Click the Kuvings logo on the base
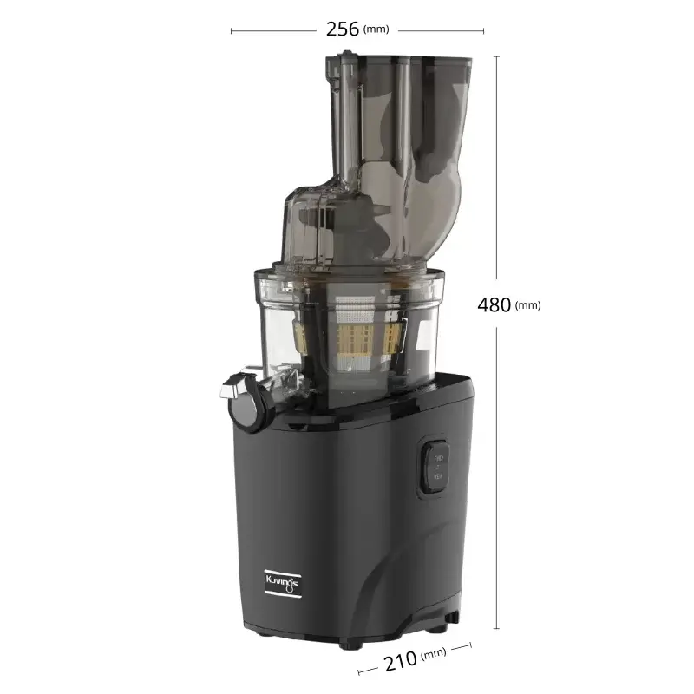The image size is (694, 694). click(280, 578)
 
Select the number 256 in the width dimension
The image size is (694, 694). click(342, 29)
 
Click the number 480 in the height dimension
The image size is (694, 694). click(494, 305)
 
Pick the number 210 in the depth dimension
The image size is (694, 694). click(400, 664)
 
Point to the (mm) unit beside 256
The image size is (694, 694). click(376, 30)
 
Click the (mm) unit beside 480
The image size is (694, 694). click(527, 306)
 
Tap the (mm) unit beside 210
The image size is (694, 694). click(433, 653)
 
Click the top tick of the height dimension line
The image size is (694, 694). click(496, 56)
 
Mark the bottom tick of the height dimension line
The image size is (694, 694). click(496, 628)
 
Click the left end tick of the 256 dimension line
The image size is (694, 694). click(232, 31)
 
